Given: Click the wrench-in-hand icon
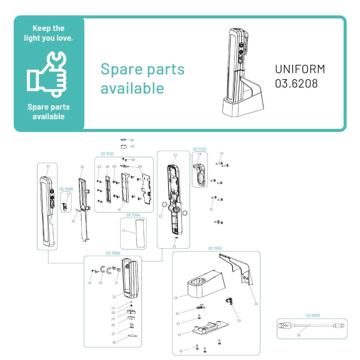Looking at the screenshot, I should pyautogui.click(x=48, y=73).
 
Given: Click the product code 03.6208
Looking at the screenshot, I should pyautogui.click(x=296, y=84).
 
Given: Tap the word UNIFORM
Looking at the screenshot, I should pyautogui.click(x=300, y=69).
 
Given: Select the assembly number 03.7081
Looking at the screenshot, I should pyautogui.click(x=107, y=154).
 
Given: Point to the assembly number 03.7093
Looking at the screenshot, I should pyautogui.click(x=215, y=248).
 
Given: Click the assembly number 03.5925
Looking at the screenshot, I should pyautogui.click(x=313, y=315).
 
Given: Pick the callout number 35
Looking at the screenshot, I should pyautogui.click(x=298, y=335).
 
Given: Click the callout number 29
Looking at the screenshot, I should pyautogui.click(x=176, y=298).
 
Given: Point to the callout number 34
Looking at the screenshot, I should pyautogui.click(x=256, y=304).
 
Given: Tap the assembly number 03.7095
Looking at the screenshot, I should pyautogui.click(x=66, y=189).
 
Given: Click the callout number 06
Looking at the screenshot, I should pyautogui.click(x=132, y=140).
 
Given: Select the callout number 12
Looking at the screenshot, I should pyautogui.click(x=161, y=216).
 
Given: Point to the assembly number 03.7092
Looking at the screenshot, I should pyautogui.click(x=199, y=149).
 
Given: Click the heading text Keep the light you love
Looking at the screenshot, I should pyautogui.click(x=48, y=33).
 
